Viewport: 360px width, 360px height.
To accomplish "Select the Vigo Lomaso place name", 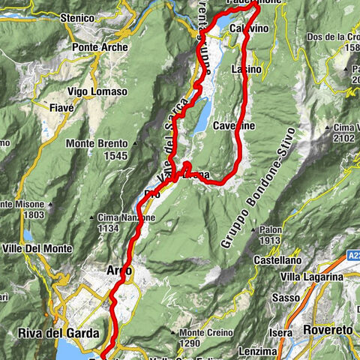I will pyautogui.click(x=97, y=91).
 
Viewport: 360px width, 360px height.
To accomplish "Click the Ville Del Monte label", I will pyautogui.click(x=37, y=248).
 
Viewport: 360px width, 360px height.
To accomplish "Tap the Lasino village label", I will pyautogui.click(x=247, y=69).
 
